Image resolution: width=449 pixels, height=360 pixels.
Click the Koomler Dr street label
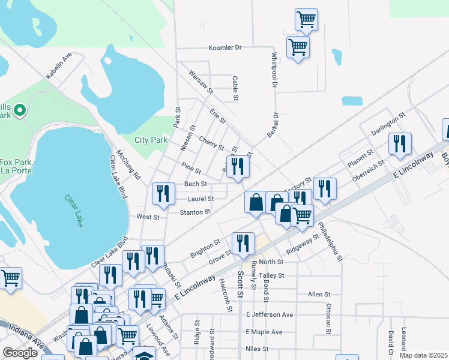point(224,47)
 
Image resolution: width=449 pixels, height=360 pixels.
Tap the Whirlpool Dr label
point(274,70)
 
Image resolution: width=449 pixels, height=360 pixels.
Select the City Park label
point(151,140)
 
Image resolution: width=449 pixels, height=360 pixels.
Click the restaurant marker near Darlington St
point(399,143)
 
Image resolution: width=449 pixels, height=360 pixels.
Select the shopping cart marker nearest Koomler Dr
point(298,46)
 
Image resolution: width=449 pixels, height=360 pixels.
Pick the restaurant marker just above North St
point(243,243)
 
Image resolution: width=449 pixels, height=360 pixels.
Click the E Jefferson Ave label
point(270,314)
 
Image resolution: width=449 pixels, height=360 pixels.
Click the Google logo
point(20,353)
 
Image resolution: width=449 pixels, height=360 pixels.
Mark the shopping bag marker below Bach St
point(256,202)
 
